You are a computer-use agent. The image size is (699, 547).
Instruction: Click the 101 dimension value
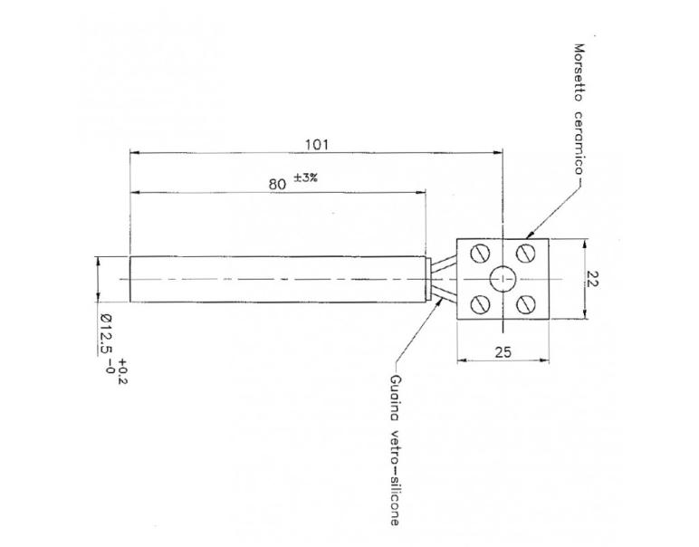[316, 144]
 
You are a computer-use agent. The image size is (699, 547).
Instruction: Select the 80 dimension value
[280, 183]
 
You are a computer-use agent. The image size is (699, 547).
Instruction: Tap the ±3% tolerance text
[305, 178]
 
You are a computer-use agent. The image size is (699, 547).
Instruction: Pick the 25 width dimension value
[503, 351]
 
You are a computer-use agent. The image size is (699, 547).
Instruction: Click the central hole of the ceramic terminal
[503, 278]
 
